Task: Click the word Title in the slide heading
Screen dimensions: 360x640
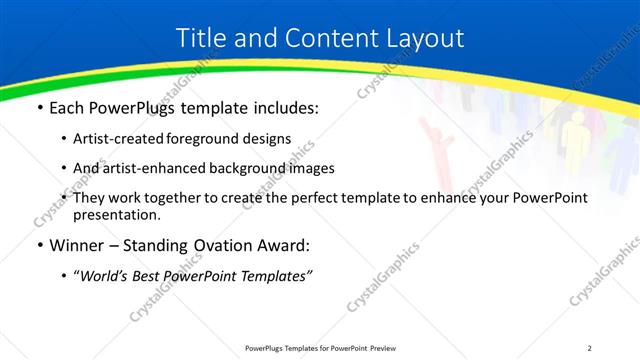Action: (200, 39)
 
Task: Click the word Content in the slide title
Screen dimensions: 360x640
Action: (319, 39)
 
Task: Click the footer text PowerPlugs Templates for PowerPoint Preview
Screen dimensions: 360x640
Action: (319, 347)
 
